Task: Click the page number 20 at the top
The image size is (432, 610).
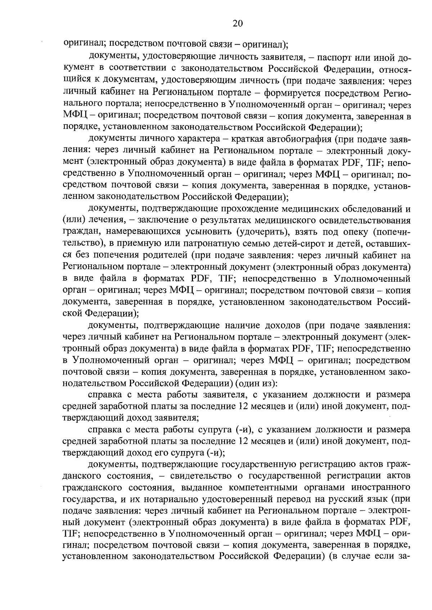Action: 238,24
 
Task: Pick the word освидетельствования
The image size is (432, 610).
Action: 361,220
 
